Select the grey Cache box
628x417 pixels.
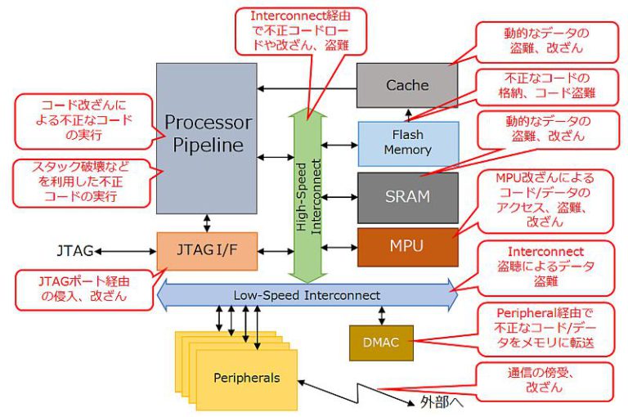pos(407,85)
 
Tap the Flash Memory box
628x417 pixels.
pos(407,143)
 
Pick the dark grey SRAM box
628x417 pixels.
pos(407,197)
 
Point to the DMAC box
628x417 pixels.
pos(380,343)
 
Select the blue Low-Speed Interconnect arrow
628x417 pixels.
pos(307,294)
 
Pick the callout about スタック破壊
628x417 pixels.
pos(82,182)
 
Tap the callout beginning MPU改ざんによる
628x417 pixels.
pos(545,199)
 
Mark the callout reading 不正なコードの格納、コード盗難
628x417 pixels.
pos(545,85)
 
